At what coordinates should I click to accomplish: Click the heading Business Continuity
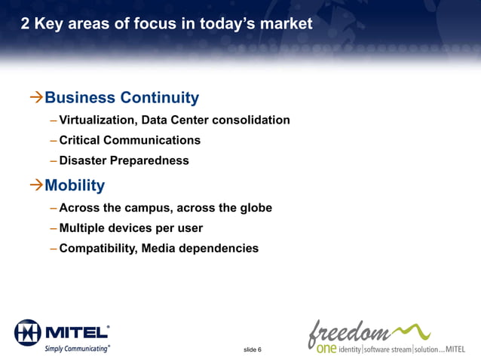[121, 98]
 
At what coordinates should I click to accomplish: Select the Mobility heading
[75, 185]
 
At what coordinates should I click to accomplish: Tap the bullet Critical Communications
[130, 141]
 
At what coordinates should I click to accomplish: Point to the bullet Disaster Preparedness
[124, 161]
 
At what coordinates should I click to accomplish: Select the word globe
[253, 209]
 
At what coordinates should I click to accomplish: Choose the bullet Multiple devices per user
[130, 228]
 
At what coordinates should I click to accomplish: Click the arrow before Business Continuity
[35, 98]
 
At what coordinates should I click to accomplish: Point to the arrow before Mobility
[35, 185]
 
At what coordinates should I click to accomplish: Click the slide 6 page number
[253, 350]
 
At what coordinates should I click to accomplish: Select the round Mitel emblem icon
[28, 332]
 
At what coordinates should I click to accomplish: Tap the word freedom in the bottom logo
[348, 331]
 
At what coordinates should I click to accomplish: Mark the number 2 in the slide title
[26, 24]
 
